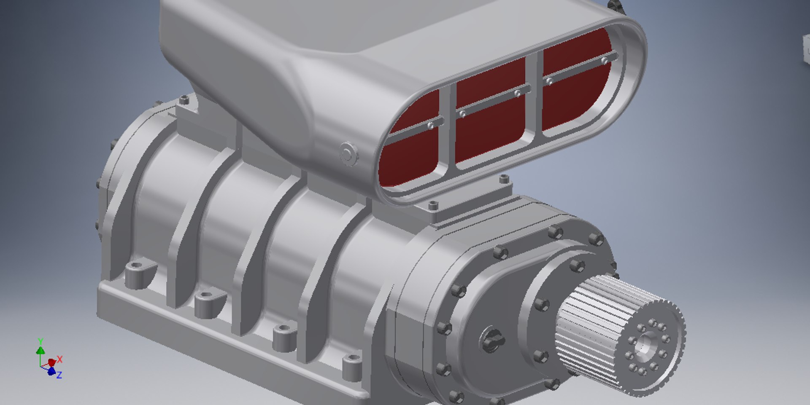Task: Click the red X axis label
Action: (60, 359)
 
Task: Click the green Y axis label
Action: (40, 341)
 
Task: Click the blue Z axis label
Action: (59, 375)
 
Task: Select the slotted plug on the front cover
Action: (493, 339)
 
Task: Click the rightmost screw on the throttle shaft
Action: (605, 61)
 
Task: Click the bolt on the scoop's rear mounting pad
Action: (184, 100)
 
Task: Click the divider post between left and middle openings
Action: (447, 126)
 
